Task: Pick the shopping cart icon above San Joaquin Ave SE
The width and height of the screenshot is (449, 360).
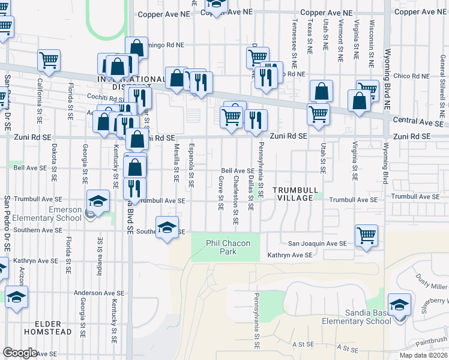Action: (x=366, y=235)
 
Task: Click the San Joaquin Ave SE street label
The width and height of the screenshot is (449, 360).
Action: (x=317, y=244)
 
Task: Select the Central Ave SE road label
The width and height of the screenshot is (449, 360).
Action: (x=420, y=121)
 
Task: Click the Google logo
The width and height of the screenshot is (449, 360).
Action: (x=20, y=353)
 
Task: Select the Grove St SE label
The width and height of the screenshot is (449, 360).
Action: (x=221, y=193)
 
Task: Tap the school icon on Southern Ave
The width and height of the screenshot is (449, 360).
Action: (x=167, y=227)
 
